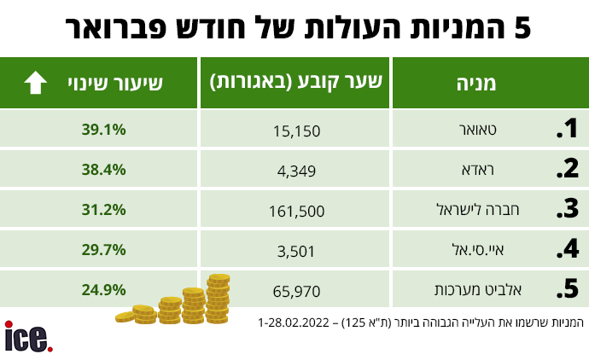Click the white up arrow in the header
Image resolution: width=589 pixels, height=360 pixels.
tap(35, 83)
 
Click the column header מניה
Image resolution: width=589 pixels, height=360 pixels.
tap(476, 84)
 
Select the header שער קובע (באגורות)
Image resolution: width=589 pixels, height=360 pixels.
tap(295, 82)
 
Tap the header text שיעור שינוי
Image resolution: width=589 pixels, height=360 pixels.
tap(115, 84)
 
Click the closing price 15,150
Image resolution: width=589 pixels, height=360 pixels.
tap(296, 131)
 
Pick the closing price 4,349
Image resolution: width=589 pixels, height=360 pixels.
tap(296, 171)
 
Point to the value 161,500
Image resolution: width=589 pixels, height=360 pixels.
tap(296, 212)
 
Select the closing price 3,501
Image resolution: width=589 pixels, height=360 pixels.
tap(296, 251)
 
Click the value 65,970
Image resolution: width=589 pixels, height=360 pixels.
tap(296, 291)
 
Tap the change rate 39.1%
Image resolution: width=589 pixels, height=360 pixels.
tap(103, 130)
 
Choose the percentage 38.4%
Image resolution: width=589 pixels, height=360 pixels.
tap(103, 170)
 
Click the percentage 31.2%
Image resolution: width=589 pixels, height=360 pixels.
tap(103, 210)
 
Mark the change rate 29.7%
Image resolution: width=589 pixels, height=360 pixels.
tap(103, 250)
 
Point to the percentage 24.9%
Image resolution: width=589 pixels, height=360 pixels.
tap(103, 290)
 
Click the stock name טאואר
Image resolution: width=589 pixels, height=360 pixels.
tap(478, 130)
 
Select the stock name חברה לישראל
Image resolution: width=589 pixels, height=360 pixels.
tap(478, 209)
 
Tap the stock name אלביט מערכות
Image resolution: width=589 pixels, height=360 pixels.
tap(478, 290)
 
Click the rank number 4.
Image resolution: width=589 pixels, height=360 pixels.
tap(568, 248)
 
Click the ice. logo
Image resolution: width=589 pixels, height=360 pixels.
tap(28, 337)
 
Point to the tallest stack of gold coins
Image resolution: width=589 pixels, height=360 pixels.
tap(218, 299)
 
